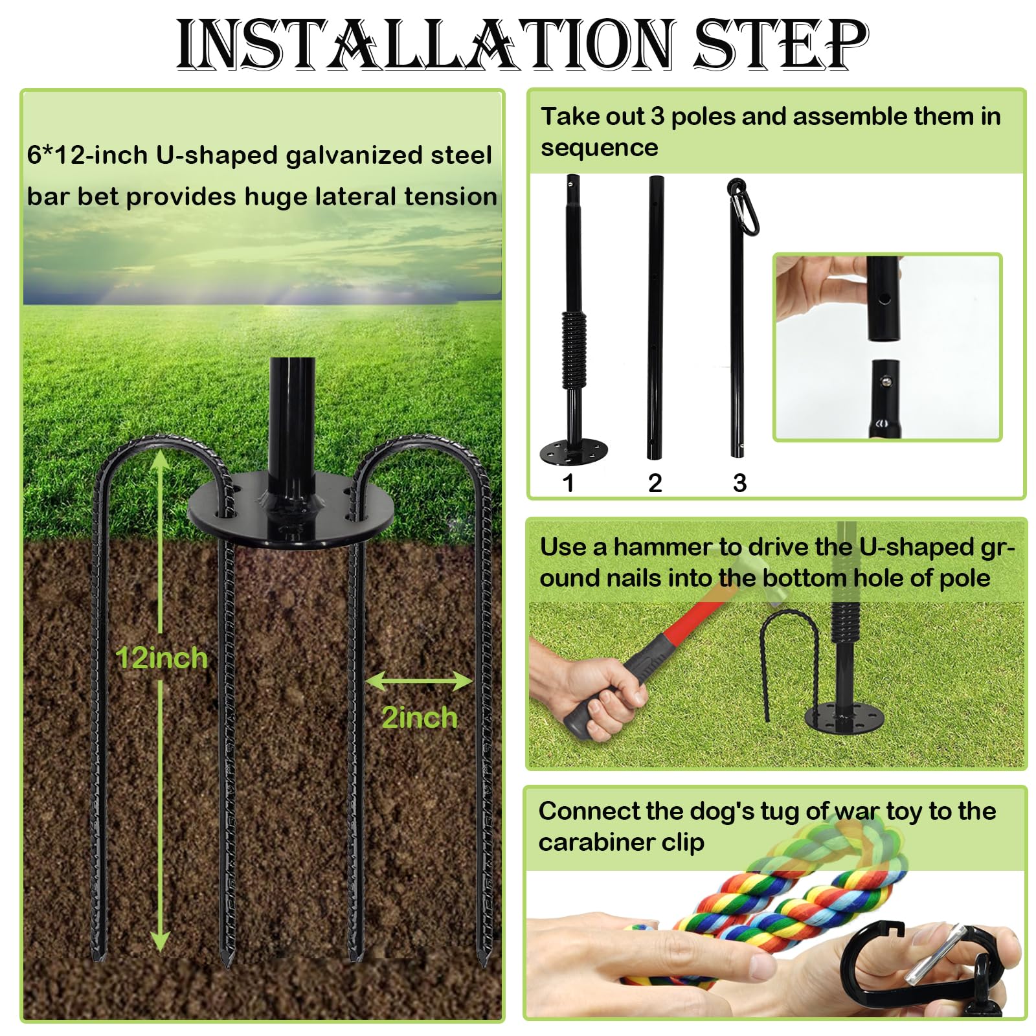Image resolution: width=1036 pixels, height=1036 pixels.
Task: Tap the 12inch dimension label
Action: tap(161, 658)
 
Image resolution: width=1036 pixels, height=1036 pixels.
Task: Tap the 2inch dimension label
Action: tap(419, 717)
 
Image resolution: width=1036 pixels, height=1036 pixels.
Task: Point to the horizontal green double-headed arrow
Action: tap(419, 681)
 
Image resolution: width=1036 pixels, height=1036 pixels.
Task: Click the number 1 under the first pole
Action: tap(569, 483)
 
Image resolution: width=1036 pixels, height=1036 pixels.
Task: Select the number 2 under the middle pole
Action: tap(655, 483)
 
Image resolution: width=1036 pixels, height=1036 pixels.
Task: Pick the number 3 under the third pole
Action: tap(739, 483)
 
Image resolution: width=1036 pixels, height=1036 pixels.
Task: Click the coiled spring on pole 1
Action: tap(573, 349)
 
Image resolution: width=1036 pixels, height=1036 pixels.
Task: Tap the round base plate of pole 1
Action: tap(574, 451)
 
